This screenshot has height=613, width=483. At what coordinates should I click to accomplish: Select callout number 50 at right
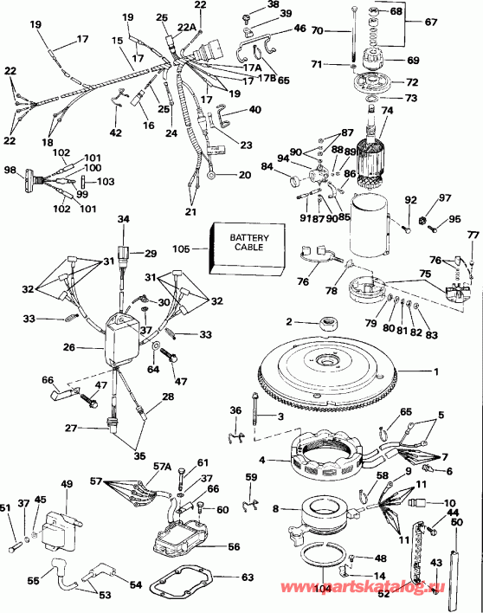point(455,522)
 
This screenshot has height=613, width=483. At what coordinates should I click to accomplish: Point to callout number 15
point(117,41)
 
